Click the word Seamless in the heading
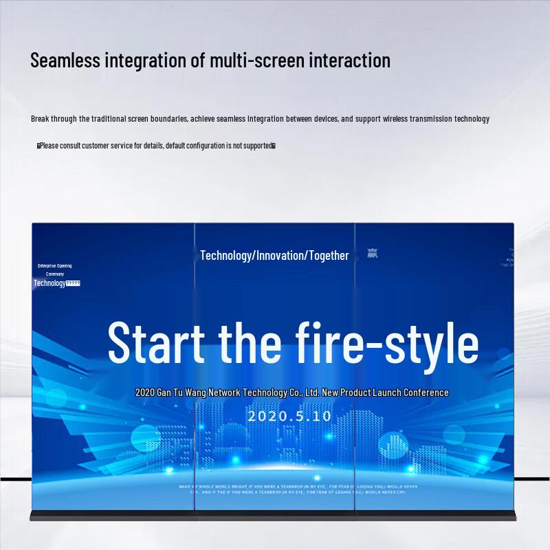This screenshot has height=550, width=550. pos(66,60)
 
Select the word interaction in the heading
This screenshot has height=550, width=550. pos(349,60)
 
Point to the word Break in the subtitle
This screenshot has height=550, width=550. pos(40,119)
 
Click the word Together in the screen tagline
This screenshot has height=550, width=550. pos(329,256)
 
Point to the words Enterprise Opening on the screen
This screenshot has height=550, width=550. pos(54,266)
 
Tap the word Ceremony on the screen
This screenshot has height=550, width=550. pos(55,274)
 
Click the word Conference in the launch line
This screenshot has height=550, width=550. pos(423,393)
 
